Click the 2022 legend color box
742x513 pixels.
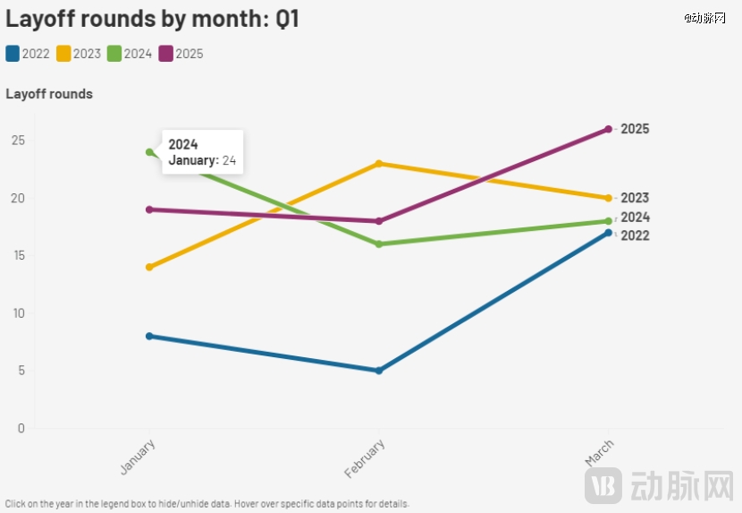click(x=13, y=54)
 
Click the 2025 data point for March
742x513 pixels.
click(x=608, y=129)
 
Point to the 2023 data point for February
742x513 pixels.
click(x=379, y=164)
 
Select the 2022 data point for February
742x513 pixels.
click(x=379, y=371)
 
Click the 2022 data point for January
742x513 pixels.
click(x=150, y=336)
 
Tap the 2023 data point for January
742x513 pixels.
click(x=150, y=267)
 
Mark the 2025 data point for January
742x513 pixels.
click(x=150, y=209)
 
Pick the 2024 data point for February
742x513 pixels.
click(x=379, y=244)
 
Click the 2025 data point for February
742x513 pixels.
click(x=379, y=221)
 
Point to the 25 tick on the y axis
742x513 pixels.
click(x=18, y=141)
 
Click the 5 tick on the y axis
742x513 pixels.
click(x=21, y=371)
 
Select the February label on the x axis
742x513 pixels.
click(x=366, y=457)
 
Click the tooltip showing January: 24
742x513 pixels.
click(x=202, y=152)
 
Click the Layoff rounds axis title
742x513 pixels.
click(x=49, y=94)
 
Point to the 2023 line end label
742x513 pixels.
click(x=635, y=198)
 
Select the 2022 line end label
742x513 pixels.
click(x=635, y=235)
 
